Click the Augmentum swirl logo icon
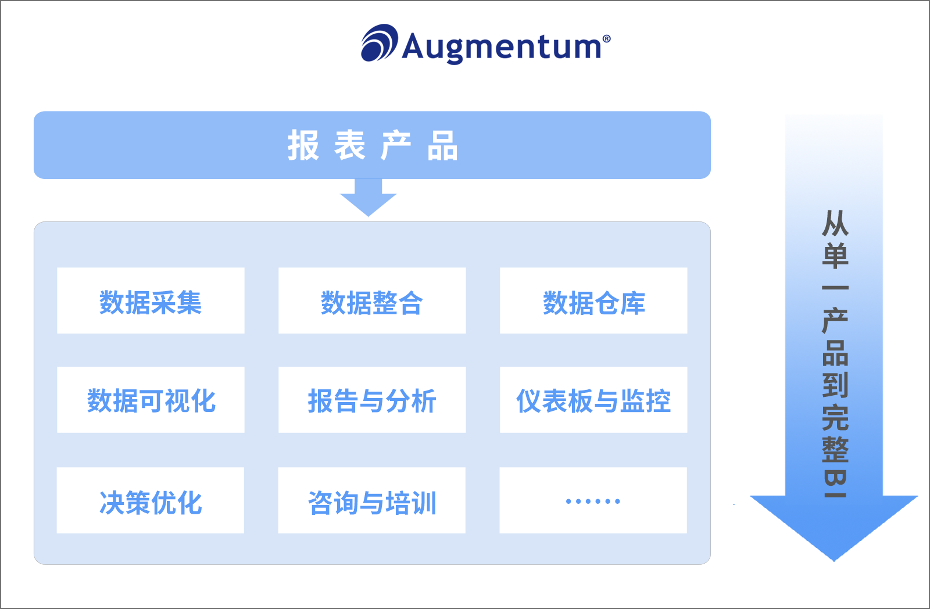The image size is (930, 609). tap(379, 43)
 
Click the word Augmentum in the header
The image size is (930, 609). tap(502, 46)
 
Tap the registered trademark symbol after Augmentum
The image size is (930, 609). tap(607, 39)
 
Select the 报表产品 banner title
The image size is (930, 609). tap(372, 145)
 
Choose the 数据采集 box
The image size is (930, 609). tap(151, 301)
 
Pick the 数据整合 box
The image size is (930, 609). tap(372, 301)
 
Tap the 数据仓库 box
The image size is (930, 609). tap(593, 301)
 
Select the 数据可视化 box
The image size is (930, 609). tap(151, 400)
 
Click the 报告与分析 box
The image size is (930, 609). tap(372, 400)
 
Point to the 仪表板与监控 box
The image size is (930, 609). tap(593, 400)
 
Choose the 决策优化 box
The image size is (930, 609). tap(151, 500)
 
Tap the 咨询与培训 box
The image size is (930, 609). tap(372, 500)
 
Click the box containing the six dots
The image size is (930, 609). tap(593, 500)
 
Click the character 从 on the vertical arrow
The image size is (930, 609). tap(835, 223)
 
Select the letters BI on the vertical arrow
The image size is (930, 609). tap(835, 483)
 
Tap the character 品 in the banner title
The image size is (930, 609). tap(443, 145)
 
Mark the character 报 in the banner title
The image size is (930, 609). tap(303, 145)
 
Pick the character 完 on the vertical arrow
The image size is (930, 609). tap(835, 417)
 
